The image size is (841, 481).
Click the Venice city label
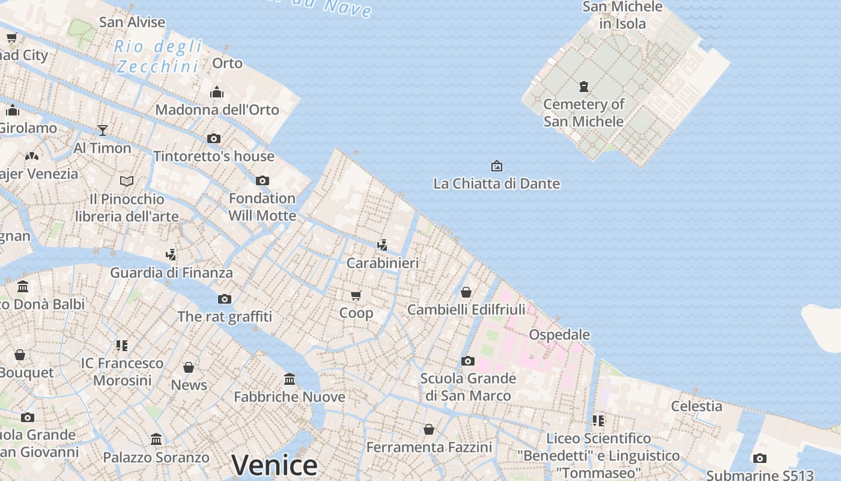point(275,465)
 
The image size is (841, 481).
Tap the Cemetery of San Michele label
point(584,112)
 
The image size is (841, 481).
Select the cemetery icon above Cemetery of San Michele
point(584,87)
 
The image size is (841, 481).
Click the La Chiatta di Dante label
point(496,183)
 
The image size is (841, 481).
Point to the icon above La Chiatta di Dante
point(497,165)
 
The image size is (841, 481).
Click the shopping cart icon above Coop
point(356,295)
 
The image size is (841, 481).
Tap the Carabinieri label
point(383,263)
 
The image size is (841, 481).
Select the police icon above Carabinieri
point(382,245)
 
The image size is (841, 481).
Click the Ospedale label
point(559,334)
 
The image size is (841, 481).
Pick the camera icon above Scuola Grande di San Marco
point(467,361)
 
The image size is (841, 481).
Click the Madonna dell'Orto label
point(217,109)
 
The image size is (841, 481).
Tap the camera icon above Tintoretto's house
point(213,138)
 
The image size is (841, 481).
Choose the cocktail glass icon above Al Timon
point(103,130)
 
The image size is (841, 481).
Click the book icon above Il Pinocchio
point(127,181)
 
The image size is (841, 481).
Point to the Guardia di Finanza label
point(171,272)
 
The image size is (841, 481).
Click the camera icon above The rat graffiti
point(224,299)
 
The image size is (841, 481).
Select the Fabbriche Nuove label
point(290,397)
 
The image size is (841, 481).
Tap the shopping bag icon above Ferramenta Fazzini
point(429,429)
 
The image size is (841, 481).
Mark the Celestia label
point(697,406)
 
